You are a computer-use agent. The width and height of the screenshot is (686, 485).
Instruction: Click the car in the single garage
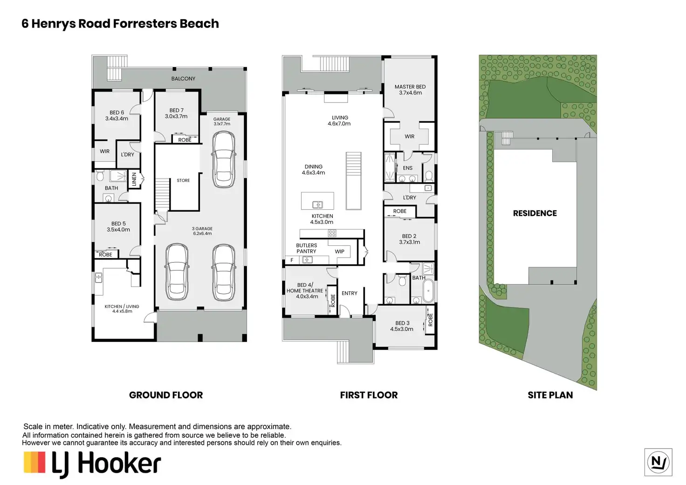pos(224,159)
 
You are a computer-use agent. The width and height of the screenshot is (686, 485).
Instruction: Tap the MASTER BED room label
pos(410,87)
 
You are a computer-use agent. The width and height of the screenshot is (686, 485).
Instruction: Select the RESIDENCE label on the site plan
pos(535,213)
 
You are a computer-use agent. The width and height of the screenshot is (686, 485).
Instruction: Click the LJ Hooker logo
pos(92,464)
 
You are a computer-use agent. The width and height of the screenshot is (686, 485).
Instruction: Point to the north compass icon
pos(658,462)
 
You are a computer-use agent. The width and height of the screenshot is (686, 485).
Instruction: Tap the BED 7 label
pos(177,111)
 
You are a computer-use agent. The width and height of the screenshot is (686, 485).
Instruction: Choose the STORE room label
pos(183,180)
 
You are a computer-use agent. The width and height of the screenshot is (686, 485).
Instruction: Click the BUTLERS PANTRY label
pos(306,248)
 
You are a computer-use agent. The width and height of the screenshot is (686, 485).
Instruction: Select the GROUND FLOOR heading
pos(166,395)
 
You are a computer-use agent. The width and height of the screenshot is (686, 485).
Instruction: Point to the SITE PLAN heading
pos(550,395)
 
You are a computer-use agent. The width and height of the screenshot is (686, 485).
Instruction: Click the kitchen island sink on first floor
pos(317,205)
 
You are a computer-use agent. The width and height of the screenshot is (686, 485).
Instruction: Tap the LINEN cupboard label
pos(134,179)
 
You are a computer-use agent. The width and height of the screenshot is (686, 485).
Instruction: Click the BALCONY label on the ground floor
pos(183,79)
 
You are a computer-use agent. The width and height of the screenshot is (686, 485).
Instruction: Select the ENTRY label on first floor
pos(350,293)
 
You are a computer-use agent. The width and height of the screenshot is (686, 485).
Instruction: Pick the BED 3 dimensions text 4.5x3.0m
pos(402,329)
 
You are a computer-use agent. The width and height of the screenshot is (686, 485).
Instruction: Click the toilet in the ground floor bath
pos(100,176)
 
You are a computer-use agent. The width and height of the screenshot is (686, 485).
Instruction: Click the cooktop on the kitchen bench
pos(332,234)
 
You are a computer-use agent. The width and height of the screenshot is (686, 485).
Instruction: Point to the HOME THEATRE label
pos(305,291)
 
